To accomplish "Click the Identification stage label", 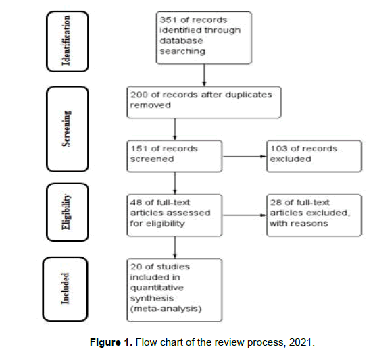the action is tap(66, 40).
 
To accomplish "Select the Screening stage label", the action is tap(66, 128).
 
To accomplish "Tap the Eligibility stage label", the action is tap(66, 212).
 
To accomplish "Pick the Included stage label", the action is tap(65, 288).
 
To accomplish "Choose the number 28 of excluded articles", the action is tap(276, 203).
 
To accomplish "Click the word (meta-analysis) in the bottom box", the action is tap(166, 309).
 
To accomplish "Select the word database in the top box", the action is tap(181, 41).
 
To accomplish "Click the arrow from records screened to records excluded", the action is tap(244, 157).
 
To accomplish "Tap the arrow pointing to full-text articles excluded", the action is tap(244, 215).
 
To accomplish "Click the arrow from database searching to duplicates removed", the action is tap(204, 75).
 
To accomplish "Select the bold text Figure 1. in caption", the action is tap(111, 342).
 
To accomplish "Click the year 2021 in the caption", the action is tap(300, 342).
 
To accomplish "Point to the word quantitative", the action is tap(157, 288).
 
